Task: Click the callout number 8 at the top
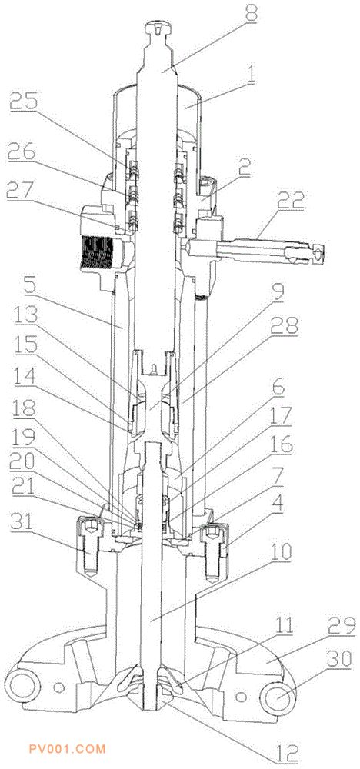(251, 13)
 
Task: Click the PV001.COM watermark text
(67, 749)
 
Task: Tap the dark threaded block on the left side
(98, 254)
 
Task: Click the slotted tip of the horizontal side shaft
(315, 253)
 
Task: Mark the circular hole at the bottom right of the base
(278, 696)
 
